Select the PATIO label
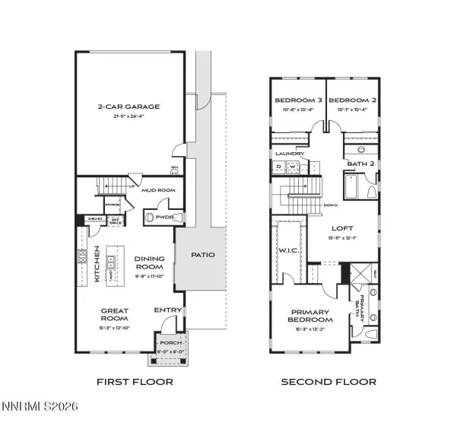pos(201,256)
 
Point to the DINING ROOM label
pos(150,262)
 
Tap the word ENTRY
pos(167,310)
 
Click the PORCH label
pos(171,343)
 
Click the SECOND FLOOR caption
pos(328,382)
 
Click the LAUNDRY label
pos(290,154)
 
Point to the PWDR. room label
pos(165,217)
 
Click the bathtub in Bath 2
pos(351,187)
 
